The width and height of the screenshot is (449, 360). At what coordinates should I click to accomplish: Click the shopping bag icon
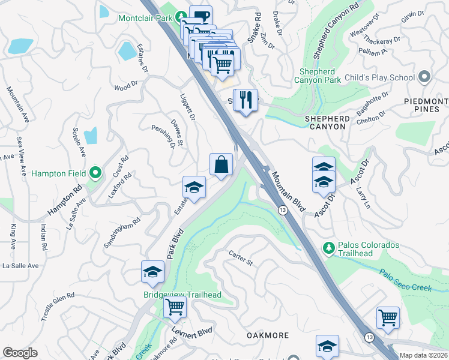221,164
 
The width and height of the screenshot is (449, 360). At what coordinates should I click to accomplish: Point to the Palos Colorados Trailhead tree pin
328,247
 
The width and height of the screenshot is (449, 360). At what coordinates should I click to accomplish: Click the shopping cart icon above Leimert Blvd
175,307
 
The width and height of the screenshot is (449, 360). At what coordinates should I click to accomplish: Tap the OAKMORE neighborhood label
266,335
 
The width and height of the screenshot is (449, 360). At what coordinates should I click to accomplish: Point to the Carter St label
241,258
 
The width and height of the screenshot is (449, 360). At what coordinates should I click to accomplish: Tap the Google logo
20,353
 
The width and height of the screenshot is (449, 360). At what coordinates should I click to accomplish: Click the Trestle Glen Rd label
58,307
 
